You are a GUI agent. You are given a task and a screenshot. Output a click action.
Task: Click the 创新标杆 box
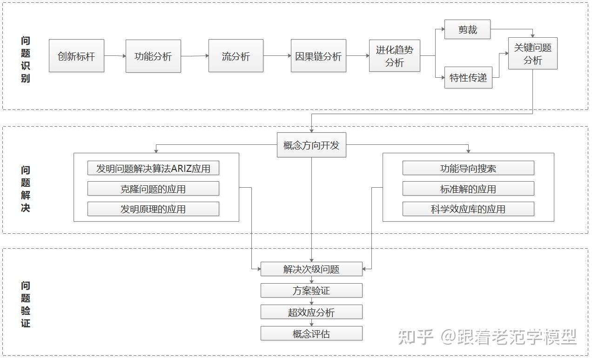[76, 56]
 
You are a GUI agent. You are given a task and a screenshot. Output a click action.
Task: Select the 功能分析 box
[153, 56]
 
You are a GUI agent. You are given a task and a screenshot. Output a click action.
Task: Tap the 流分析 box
[235, 56]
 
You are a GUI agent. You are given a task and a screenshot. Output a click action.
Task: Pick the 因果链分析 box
[318, 56]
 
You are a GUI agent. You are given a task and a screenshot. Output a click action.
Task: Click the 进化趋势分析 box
[394, 56]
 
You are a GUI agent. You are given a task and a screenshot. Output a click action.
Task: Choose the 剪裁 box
[467, 30]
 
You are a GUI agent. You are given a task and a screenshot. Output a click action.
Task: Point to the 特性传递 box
[468, 78]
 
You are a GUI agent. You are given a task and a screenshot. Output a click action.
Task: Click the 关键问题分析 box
[532, 54]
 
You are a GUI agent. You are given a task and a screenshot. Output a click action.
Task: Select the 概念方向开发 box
[311, 145]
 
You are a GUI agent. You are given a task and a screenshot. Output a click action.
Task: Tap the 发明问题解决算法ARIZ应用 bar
[153, 168]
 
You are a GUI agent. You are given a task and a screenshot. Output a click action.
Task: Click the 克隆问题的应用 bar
[153, 189]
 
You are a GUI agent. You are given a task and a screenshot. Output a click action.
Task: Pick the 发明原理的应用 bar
[153, 209]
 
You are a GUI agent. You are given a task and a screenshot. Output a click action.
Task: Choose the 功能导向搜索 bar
[468, 168]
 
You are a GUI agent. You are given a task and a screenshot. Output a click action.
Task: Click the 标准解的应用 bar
[468, 189]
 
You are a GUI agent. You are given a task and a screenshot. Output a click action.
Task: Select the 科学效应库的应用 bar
[468, 209]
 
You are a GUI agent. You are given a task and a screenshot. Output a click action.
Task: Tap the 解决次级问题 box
[311, 269]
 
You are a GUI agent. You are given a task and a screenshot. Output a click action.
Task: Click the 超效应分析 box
[311, 312]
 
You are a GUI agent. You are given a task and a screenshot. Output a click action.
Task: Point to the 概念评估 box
[311, 333]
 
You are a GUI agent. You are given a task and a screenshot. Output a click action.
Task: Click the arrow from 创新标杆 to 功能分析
[115, 56]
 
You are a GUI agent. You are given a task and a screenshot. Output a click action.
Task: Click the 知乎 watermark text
[416, 337]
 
